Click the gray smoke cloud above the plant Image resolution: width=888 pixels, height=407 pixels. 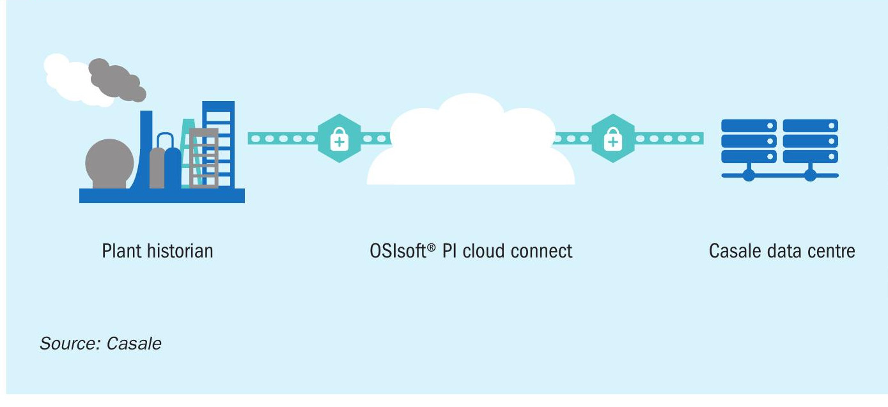[x=116, y=80]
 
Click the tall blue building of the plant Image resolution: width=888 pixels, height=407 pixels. [x=219, y=144]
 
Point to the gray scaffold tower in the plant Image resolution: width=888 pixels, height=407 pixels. [x=204, y=157]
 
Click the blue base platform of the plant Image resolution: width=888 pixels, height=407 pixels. [x=162, y=196]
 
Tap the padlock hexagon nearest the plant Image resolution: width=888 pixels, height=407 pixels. [x=339, y=138]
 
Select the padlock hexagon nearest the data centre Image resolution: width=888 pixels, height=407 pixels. [x=613, y=138]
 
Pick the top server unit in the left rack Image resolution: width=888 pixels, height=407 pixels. [x=749, y=126]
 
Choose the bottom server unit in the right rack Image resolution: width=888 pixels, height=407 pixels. [x=810, y=157]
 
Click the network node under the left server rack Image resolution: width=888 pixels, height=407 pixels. [x=749, y=175]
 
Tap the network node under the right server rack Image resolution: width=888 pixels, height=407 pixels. [x=810, y=175]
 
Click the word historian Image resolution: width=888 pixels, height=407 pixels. [x=180, y=251]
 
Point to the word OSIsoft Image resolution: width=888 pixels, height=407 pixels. [x=398, y=251]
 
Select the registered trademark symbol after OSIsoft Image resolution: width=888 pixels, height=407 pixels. [x=432, y=247]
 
